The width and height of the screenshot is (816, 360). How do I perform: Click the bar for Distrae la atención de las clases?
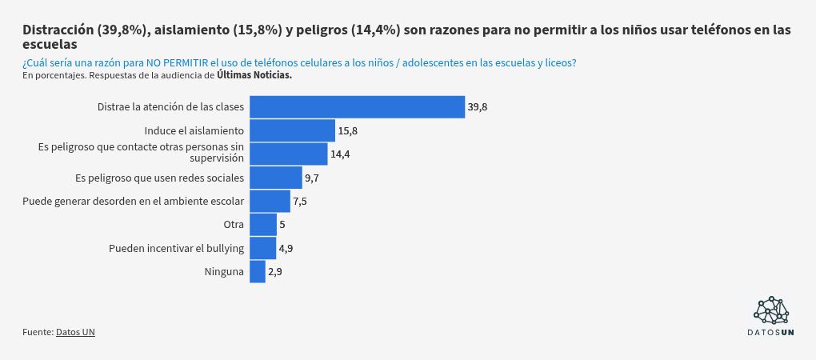point(357,107)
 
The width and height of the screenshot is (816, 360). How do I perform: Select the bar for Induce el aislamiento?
point(292,130)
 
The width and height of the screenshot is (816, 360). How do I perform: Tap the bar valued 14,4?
point(288,154)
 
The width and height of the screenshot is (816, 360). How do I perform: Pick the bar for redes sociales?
point(275,178)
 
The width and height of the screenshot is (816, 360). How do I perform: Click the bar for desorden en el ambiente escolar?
point(270,201)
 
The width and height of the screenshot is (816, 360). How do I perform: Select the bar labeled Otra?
point(262,225)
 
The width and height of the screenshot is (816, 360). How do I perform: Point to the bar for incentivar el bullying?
point(262,248)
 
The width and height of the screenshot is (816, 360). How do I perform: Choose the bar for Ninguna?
point(257,272)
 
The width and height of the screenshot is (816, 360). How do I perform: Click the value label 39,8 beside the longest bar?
point(478,107)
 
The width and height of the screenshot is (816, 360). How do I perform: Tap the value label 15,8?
point(347,130)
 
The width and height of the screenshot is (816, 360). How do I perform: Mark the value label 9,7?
point(312,178)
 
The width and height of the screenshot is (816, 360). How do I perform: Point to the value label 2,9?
point(275,272)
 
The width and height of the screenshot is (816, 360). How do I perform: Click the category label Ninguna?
point(224,272)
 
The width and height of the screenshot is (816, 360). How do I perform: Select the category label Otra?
point(234,225)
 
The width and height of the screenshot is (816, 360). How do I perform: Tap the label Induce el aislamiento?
point(194,130)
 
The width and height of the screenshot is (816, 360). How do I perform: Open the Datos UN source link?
point(75,331)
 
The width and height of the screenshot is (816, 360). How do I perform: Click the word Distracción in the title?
point(58,30)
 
